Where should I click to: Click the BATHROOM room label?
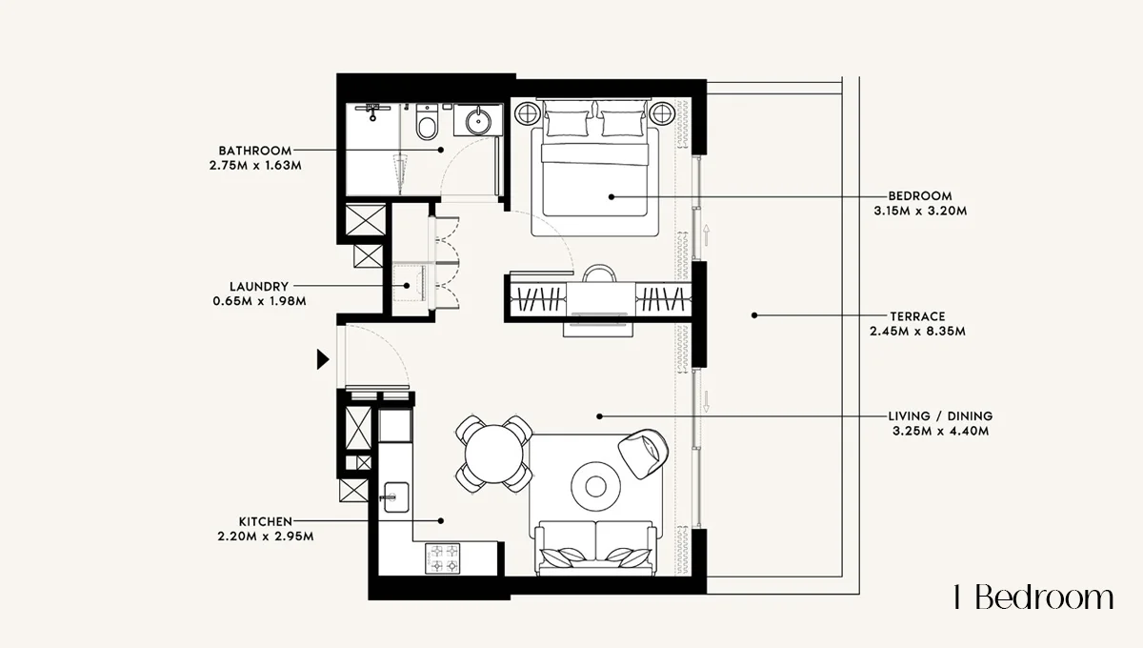255,151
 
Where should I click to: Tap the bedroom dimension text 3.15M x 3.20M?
920,211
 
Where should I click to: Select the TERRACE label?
918,316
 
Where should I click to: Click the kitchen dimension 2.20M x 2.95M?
266,537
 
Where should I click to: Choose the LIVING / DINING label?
940,416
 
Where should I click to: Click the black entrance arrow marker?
323,359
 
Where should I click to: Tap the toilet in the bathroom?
427,122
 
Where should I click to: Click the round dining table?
494,455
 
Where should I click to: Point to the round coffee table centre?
595,486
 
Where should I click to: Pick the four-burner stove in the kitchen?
443,558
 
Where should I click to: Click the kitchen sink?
396,496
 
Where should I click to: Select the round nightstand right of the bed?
662,113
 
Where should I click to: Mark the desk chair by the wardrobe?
599,273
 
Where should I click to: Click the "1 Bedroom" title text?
1033,597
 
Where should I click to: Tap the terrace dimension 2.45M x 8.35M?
918,332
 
